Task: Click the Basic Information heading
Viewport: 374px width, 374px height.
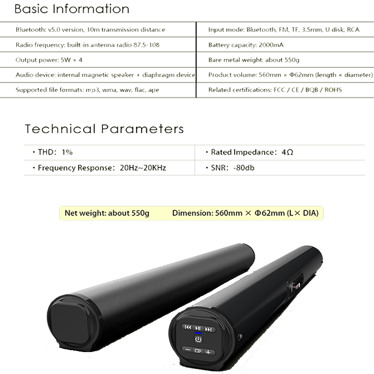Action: [x=72, y=9]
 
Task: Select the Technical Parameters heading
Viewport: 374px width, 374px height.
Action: [x=104, y=129]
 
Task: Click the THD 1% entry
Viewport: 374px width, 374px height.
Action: [x=53, y=152]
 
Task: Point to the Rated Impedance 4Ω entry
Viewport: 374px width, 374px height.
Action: [x=250, y=152]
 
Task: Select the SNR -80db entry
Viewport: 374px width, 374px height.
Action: [x=230, y=168]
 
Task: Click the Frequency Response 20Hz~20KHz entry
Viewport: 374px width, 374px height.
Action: [x=99, y=168]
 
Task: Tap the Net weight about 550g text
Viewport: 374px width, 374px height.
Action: [x=107, y=213]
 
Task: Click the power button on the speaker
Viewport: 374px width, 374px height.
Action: [x=198, y=339]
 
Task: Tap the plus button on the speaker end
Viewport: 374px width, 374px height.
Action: [x=208, y=352]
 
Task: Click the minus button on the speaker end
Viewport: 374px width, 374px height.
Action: [x=188, y=350]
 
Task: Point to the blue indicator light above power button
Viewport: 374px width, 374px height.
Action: [x=198, y=333]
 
